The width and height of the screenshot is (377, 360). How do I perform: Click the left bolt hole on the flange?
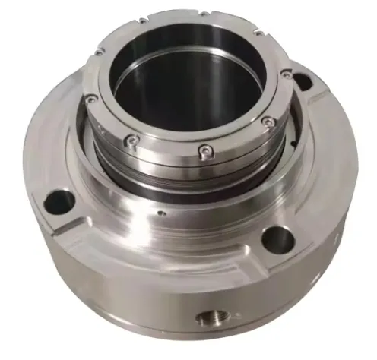click(60, 201)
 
